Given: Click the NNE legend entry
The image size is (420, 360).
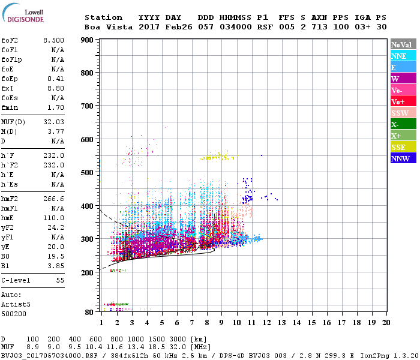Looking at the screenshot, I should coord(399,56).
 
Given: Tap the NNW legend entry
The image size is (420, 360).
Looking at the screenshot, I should coord(400,159).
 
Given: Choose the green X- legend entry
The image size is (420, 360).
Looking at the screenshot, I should coord(395,125).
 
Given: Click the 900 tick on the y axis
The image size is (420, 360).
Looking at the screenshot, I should coord(87,40).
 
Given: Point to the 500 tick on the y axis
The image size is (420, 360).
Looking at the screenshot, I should coord(87,173).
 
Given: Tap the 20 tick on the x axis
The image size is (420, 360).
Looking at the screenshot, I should coord(386,322).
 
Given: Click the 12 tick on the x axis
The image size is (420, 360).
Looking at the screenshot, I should coord(266,322).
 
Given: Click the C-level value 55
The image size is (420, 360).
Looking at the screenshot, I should coord(59,280).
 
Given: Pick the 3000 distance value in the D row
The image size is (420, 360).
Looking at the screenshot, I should coord(179,340).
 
